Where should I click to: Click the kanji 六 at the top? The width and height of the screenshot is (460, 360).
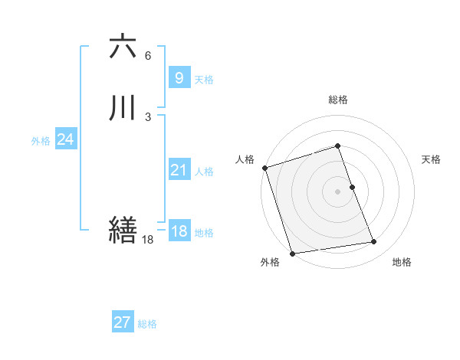pyautogui.click(x=123, y=47)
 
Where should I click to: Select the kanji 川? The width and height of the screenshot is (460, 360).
pyautogui.click(x=123, y=107)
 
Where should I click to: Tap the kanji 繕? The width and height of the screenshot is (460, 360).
pyautogui.click(x=123, y=229)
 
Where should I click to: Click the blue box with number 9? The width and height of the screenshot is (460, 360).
pyautogui.click(x=178, y=77)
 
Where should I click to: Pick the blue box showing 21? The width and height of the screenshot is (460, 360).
pyautogui.click(x=178, y=170)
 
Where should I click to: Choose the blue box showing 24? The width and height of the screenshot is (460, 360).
pyautogui.click(x=66, y=139)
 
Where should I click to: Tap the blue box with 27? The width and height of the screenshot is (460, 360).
pyautogui.click(x=122, y=322)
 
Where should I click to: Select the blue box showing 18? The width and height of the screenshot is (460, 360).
pyautogui.click(x=179, y=231)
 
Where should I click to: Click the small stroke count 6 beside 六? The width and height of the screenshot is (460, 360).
pyautogui.click(x=148, y=56)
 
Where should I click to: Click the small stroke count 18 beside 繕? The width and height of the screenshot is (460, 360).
pyautogui.click(x=148, y=240)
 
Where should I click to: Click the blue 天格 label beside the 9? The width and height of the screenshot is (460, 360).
pyautogui.click(x=204, y=80)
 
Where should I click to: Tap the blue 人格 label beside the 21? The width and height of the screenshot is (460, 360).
pyautogui.click(x=204, y=172)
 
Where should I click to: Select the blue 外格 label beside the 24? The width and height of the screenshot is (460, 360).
pyautogui.click(x=41, y=141)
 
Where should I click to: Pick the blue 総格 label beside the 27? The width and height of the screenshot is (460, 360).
pyautogui.click(x=147, y=324)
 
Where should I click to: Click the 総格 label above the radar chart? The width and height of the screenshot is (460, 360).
pyautogui.click(x=338, y=100)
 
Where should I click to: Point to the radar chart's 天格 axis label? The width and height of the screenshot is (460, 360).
pyautogui.click(x=432, y=159)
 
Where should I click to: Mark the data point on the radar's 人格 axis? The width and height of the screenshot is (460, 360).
pyautogui.click(x=264, y=168)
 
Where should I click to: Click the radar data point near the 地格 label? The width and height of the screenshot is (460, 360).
pyautogui.click(x=374, y=242)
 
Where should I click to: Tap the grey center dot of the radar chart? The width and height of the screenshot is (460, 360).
pyautogui.click(x=338, y=191)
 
